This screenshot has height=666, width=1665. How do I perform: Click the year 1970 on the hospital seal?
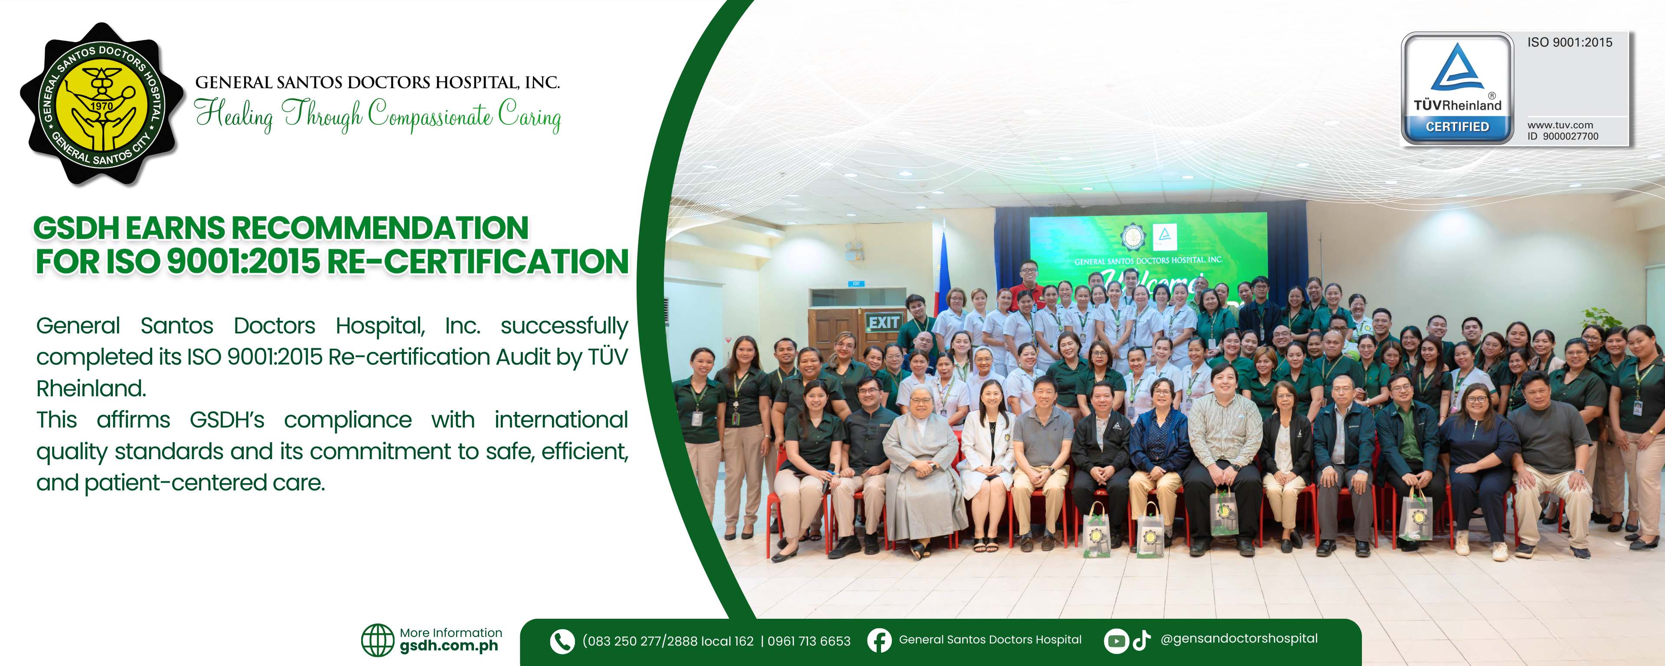(101, 105)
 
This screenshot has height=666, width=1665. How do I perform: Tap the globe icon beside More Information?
(378, 640)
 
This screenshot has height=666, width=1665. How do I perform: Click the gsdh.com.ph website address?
(449, 646)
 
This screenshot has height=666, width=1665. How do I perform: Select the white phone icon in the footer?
(562, 641)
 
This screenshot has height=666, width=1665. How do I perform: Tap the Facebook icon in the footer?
(879, 640)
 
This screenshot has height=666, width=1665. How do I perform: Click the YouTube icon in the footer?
(1116, 641)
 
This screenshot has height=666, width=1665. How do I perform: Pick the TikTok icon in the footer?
(1142, 640)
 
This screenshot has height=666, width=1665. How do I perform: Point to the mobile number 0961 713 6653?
(809, 641)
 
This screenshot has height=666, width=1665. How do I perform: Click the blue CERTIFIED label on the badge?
(1457, 127)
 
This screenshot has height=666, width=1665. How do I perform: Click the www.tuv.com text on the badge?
(1560, 125)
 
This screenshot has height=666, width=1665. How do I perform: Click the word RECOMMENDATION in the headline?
(380, 228)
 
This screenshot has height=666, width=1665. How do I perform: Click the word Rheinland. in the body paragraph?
(91, 388)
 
